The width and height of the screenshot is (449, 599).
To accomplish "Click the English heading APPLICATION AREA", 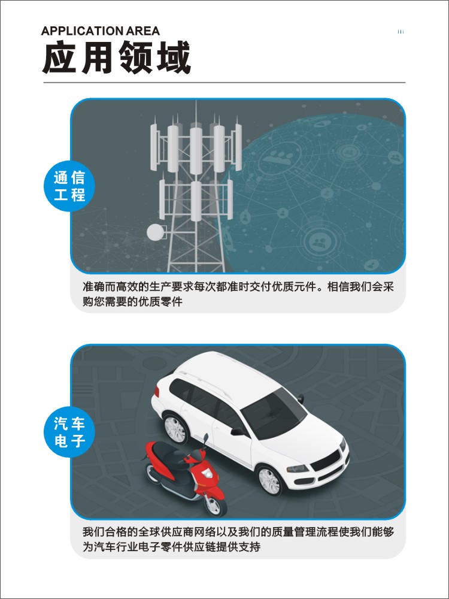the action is [101, 31].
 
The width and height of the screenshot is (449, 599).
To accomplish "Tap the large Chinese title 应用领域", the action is [117, 58].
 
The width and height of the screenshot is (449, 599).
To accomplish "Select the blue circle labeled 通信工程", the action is [69, 186].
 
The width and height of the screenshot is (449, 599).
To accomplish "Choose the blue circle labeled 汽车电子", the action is [69, 432].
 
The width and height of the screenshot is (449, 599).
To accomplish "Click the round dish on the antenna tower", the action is [155, 232].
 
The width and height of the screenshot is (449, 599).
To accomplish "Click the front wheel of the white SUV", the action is [271, 479].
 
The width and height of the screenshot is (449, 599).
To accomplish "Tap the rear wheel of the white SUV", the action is [175, 429].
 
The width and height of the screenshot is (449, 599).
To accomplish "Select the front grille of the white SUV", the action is [326, 461].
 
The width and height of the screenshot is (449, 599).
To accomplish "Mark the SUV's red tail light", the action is [156, 392].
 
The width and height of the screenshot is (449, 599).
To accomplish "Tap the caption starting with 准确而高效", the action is [238, 294].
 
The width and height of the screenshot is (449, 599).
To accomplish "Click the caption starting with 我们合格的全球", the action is [238, 539].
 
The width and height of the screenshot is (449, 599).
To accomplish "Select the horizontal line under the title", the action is [224, 82].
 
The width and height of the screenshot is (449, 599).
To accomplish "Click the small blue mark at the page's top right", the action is [401, 32].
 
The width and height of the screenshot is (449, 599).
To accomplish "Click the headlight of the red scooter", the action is [207, 473].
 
